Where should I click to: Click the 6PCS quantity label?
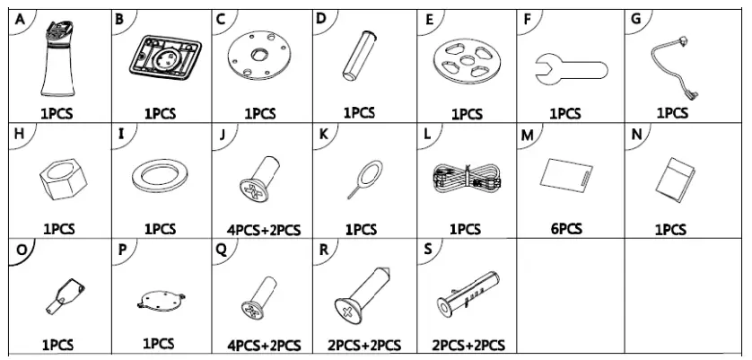[567, 228]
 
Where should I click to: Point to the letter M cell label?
[527, 135]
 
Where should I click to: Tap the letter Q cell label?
[221, 250]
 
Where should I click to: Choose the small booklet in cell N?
[673, 177]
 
